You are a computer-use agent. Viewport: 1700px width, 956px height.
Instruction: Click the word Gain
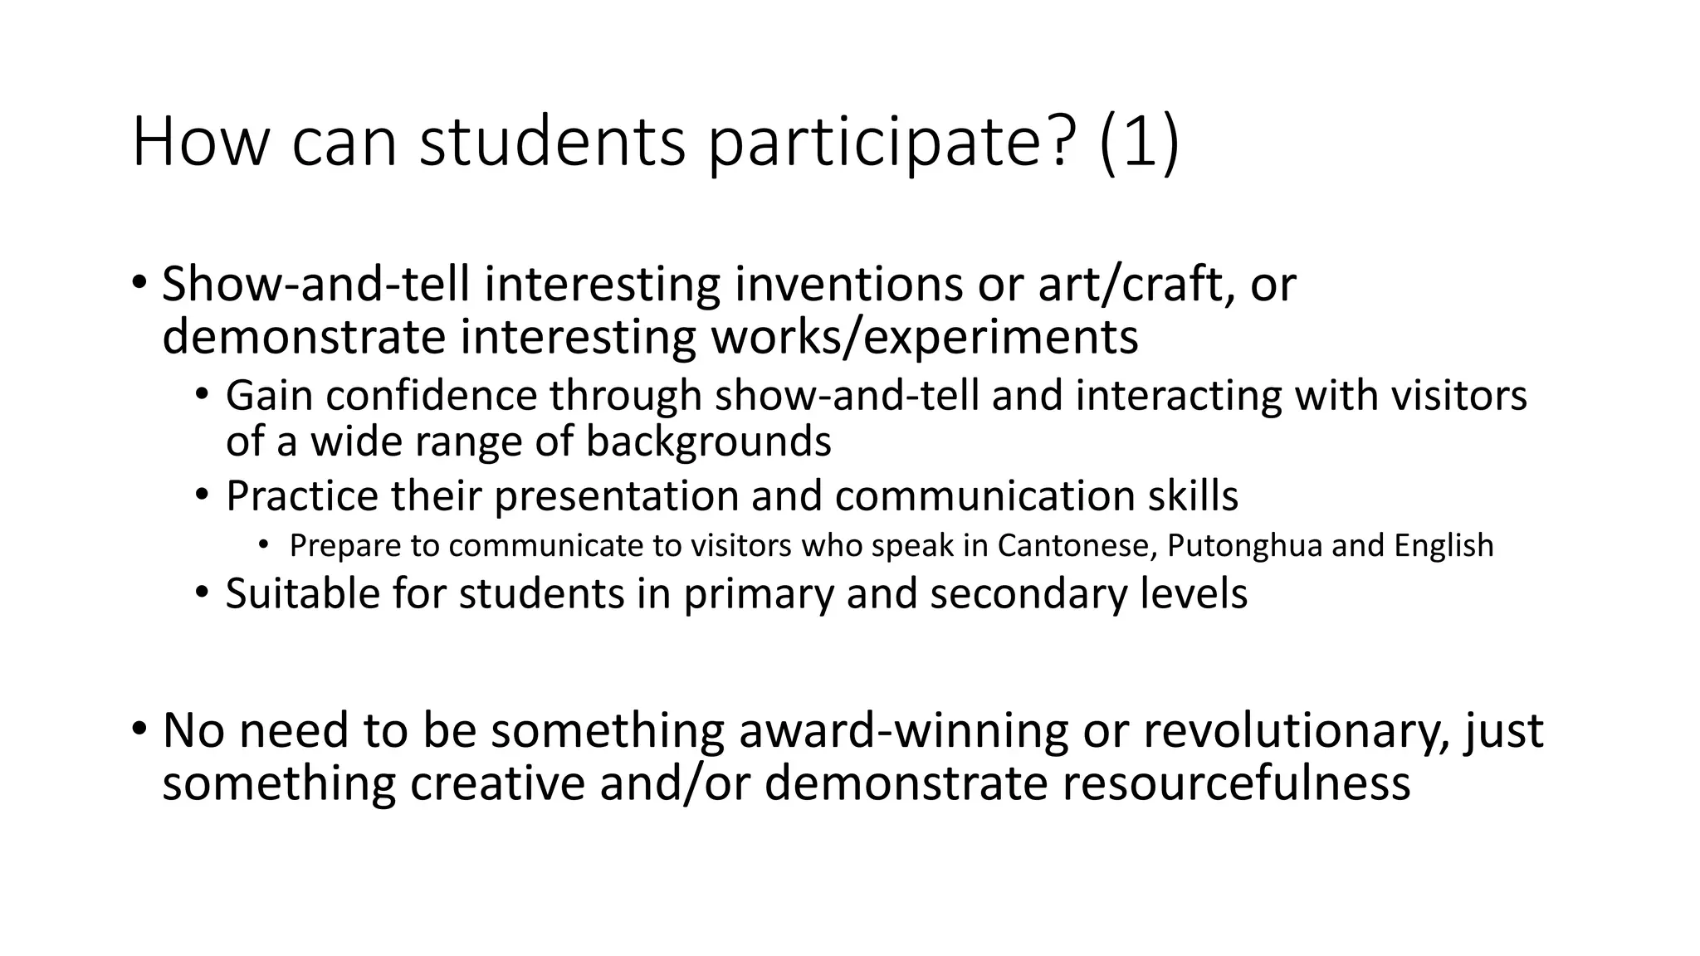[268, 395]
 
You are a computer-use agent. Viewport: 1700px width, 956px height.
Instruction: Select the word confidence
[432, 395]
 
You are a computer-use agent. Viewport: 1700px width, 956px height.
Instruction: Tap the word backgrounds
[709, 441]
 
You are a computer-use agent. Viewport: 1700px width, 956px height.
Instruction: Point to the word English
[1444, 546]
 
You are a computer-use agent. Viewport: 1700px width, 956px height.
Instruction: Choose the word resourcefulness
[1236, 783]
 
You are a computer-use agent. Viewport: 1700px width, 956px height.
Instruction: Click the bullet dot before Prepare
[263, 545]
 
